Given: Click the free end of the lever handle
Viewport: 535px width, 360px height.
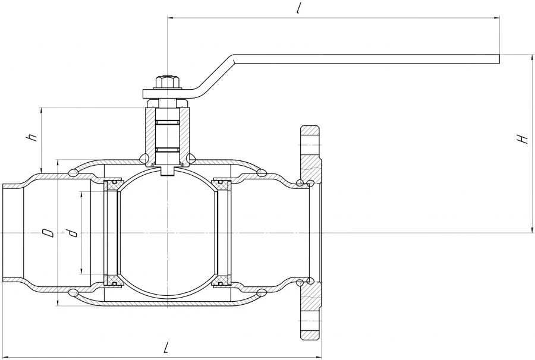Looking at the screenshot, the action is click(499, 59).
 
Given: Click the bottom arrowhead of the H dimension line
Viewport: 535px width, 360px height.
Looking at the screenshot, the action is click(532, 229).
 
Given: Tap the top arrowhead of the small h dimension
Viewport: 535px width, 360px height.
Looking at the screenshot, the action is click(41, 112).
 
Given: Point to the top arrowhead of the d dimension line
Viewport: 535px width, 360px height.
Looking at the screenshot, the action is click(81, 195).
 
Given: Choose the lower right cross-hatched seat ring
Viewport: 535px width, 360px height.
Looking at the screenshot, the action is click(222, 280).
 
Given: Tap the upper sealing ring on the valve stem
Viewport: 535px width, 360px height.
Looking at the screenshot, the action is click(167, 122).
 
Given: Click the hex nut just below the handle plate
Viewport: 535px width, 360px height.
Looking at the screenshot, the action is click(167, 103).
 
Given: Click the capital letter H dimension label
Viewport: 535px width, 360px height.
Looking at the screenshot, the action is click(523, 139).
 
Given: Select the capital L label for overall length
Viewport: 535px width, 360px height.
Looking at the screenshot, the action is click(166, 347).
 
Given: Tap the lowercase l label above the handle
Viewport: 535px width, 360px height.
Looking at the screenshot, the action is click(298, 9).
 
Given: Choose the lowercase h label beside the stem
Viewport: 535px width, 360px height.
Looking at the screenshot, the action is click(33, 138).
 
